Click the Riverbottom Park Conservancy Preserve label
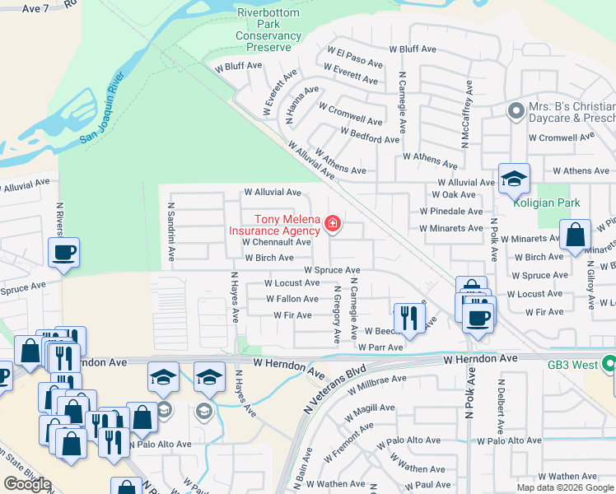click(x=268, y=30)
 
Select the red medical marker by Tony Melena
click(x=333, y=223)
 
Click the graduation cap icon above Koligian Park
click(x=514, y=178)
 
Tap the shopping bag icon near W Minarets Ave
click(x=575, y=235)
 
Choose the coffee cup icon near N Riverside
click(x=63, y=253)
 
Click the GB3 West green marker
click(x=609, y=363)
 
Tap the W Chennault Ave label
click(x=277, y=242)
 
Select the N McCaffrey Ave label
click(x=466, y=114)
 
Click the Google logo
click(x=27, y=484)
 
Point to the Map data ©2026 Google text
click(x=565, y=487)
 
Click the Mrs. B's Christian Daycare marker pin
click(x=516, y=110)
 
